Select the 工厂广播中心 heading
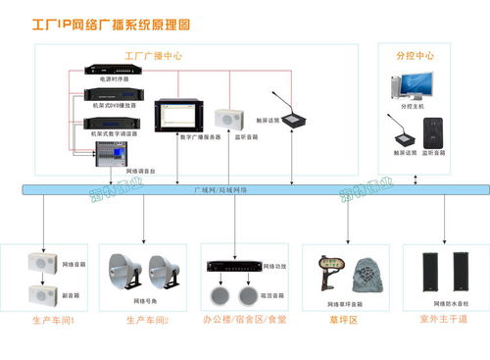coord(153,55)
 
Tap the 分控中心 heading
coord(415,55)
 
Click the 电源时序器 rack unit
coord(112,71)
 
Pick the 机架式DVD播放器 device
coord(112,95)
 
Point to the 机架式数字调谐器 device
coord(112,122)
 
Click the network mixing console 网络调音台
coord(112,153)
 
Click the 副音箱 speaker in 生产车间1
coord(43,293)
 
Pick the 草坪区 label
coord(344,320)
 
